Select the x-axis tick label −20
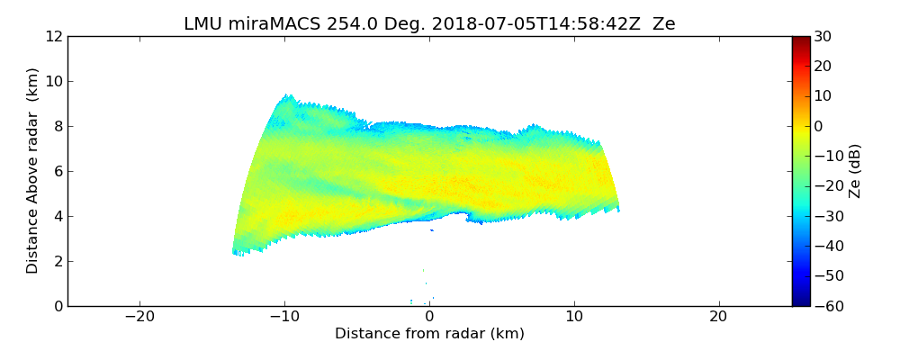tap(139, 317)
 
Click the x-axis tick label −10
tap(284, 317)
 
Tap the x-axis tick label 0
tap(429, 317)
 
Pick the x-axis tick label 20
tap(718, 317)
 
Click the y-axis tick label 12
tap(53, 36)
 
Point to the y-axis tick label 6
tap(58, 171)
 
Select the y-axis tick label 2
tap(58, 261)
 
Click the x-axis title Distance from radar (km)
tap(429, 334)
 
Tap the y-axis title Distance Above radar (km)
tap(33, 170)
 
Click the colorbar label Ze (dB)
tap(856, 170)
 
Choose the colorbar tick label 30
tap(823, 36)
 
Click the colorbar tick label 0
tap(819, 126)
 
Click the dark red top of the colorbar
tap(801, 40)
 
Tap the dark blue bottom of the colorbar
tap(801, 302)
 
